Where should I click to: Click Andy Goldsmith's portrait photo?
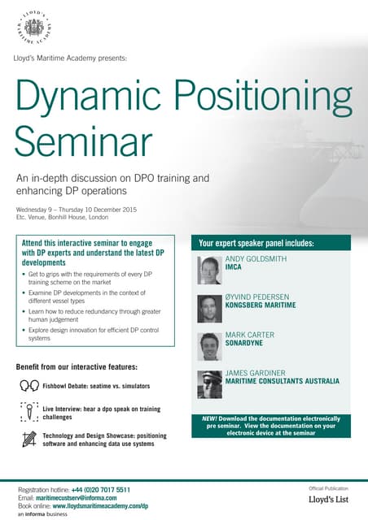click(209, 268)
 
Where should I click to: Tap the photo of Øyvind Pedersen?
click(209, 309)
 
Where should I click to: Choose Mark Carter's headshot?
click(209, 346)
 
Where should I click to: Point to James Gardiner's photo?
click(209, 383)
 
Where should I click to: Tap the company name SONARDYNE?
click(248, 344)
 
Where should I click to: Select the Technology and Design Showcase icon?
click(29, 440)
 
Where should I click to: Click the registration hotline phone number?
click(101, 490)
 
